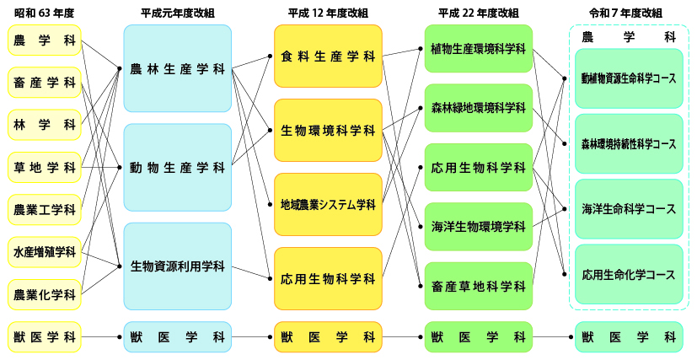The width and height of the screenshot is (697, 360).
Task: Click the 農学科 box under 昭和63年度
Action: (45, 40)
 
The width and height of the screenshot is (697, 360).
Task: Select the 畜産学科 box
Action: (45, 83)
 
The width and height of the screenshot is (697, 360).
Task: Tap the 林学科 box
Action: (45, 125)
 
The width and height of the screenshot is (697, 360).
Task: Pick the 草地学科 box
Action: (45, 167)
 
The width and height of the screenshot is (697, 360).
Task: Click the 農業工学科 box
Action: (45, 209)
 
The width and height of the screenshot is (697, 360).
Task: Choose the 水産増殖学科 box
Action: (45, 252)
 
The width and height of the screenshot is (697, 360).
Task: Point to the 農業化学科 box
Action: (45, 294)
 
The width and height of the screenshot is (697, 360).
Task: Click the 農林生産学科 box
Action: (177, 68)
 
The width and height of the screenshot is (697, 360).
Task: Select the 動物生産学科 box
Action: (177, 167)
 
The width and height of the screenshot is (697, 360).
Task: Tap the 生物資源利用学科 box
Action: (177, 266)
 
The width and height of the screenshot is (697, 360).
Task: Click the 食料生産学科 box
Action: (328, 56)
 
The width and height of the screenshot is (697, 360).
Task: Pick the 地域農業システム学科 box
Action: (328, 204)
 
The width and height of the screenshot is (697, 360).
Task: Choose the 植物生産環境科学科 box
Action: (478, 49)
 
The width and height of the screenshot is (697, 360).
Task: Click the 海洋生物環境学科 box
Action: (478, 227)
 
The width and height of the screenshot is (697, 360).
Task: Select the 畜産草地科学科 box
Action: (478, 286)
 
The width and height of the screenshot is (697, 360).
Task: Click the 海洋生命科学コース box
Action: (629, 208)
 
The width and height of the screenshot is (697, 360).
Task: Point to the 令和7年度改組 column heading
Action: (629, 13)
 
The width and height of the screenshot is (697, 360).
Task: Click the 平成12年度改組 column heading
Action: (328, 13)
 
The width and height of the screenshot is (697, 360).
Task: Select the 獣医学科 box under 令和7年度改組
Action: (629, 337)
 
